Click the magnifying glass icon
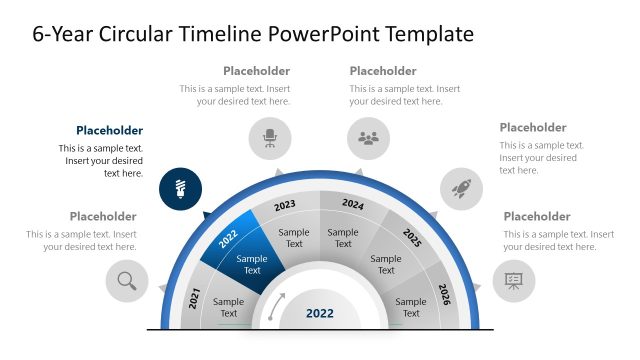click(127, 281)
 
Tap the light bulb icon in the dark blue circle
click(180, 187)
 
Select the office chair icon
click(269, 138)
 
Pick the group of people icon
click(369, 138)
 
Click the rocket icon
click(461, 187)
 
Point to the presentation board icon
click(514, 281)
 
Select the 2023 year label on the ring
click(285, 205)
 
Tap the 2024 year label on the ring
click(353, 204)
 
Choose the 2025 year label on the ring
click(412, 237)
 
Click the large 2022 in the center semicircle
click(320, 313)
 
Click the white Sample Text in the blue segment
click(252, 264)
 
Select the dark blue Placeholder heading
click(109, 130)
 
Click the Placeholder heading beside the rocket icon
click(533, 127)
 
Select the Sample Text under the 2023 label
click(294, 238)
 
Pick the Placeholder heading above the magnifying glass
click(103, 216)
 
